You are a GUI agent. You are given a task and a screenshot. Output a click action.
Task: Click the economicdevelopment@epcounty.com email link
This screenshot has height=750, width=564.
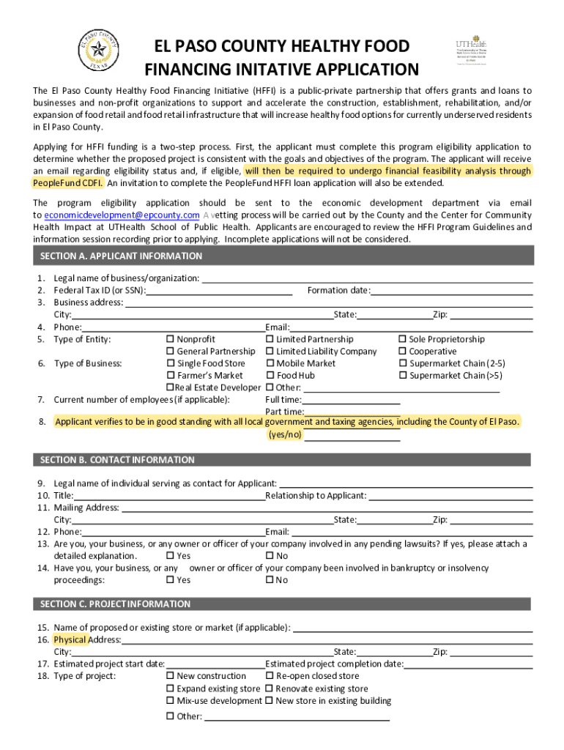point(122,215)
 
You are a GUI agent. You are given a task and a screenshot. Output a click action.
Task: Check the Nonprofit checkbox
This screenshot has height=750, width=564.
point(170,339)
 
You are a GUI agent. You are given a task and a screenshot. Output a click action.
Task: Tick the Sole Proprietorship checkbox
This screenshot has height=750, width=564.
point(402,339)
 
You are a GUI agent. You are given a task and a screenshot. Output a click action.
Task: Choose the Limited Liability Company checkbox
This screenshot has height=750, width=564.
point(270,352)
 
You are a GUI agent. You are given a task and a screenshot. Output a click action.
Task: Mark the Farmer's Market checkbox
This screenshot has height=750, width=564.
point(170,376)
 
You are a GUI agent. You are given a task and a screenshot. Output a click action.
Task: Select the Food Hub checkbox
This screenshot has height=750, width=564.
point(270,376)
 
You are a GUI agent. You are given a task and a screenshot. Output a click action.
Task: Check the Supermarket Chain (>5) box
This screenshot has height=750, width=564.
point(402,376)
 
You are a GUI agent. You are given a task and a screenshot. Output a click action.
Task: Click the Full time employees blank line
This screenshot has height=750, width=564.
point(351,400)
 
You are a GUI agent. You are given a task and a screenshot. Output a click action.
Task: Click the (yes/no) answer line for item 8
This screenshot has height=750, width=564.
point(352,435)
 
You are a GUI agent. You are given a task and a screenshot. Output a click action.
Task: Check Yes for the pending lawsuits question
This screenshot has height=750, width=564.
point(170,556)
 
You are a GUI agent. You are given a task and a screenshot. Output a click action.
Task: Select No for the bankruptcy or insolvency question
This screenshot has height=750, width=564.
point(270,580)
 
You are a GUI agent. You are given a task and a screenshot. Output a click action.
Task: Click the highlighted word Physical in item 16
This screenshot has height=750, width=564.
point(70,639)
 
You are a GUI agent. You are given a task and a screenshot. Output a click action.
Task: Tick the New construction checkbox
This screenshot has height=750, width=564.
point(170,676)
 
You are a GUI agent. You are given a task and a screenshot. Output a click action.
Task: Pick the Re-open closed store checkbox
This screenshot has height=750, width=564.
point(270,676)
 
